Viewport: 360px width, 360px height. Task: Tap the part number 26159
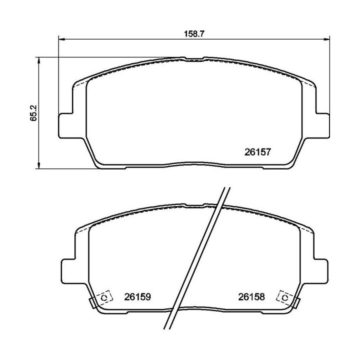click(137, 297)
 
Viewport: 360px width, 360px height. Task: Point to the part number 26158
click(250, 297)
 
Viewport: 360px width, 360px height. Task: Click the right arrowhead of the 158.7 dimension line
click(328, 39)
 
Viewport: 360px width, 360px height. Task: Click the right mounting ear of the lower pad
click(322, 270)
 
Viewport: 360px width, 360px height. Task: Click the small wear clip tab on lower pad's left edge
click(92, 302)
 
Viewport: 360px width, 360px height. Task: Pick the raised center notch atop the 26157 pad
click(194, 58)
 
